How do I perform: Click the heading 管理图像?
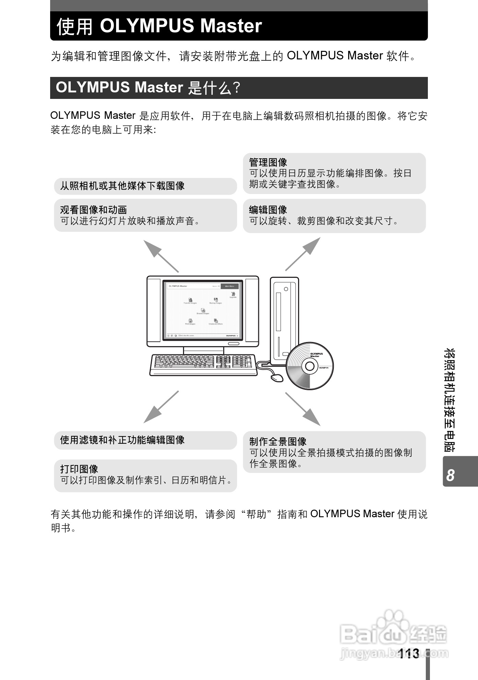pyautogui.click(x=268, y=162)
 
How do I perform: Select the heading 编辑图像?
pyautogui.click(x=268, y=209)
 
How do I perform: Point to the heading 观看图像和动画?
pyautogui.click(x=93, y=209)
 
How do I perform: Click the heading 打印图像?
pyautogui.click(x=79, y=469)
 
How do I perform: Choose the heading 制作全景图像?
pyautogui.click(x=277, y=441)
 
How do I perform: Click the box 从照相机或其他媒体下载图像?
pyautogui.click(x=145, y=186)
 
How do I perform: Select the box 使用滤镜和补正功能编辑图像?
pyautogui.click(x=145, y=440)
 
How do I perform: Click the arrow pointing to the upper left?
pyautogui.click(x=160, y=256)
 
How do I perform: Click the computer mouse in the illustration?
pyautogui.click(x=277, y=377)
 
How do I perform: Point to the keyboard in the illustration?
pyautogui.click(x=203, y=365)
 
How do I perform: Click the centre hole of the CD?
pyautogui.click(x=309, y=366)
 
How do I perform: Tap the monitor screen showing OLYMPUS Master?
pyautogui.click(x=203, y=310)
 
